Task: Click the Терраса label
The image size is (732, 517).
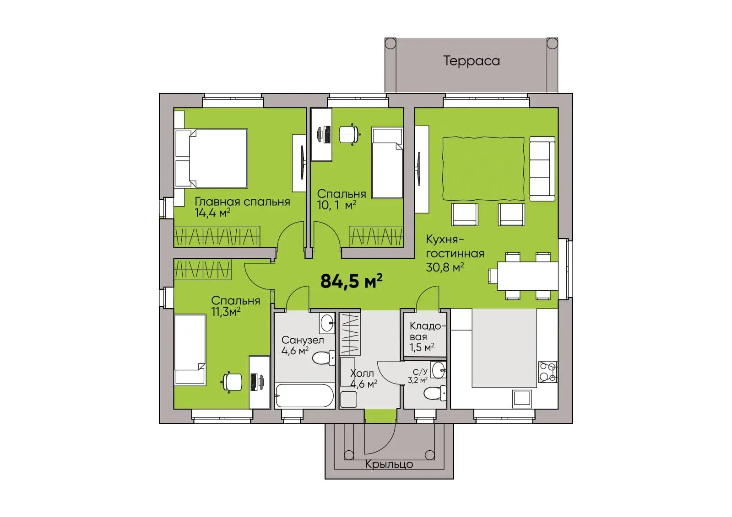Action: [x=471, y=61]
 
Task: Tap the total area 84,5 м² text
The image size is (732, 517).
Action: [x=351, y=281]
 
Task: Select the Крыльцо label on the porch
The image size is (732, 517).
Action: [x=389, y=464]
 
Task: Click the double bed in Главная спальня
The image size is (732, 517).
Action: [x=211, y=158]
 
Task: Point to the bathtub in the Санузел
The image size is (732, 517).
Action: [x=304, y=395]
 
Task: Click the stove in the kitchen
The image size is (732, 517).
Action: [x=548, y=372]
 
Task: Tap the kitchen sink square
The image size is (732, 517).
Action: [x=522, y=399]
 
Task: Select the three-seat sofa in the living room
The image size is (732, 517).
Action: [x=542, y=169]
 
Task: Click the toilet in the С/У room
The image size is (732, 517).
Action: [x=434, y=393]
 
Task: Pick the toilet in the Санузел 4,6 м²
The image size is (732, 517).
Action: [x=324, y=358]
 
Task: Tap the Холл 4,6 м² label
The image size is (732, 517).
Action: [x=363, y=378]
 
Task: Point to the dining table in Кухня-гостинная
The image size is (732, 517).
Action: [x=527, y=276]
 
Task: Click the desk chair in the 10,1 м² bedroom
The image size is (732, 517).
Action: [x=349, y=134]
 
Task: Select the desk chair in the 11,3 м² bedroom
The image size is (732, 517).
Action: [x=233, y=382]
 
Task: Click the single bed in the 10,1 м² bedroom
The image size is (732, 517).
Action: [x=387, y=163]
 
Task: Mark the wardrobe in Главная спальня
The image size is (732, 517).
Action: [x=217, y=236]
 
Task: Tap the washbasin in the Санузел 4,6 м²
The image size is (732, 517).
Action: [x=327, y=323]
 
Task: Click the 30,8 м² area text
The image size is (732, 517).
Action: [x=445, y=267]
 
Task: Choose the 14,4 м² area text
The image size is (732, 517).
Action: [x=212, y=213]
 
